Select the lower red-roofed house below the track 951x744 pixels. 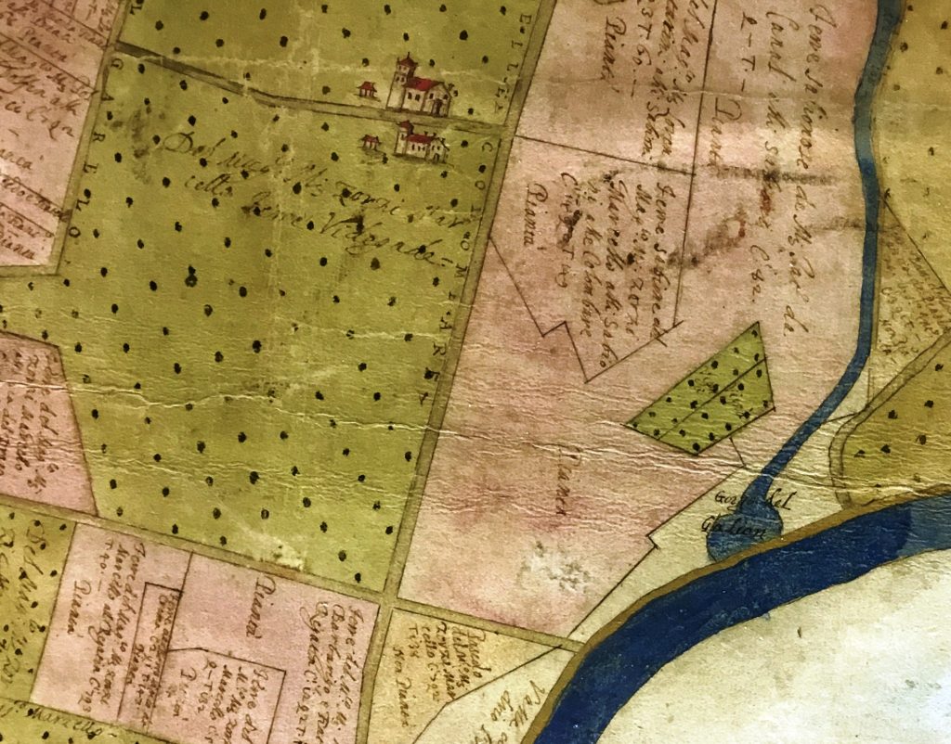coord(420,142)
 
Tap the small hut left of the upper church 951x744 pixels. coord(368,90)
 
